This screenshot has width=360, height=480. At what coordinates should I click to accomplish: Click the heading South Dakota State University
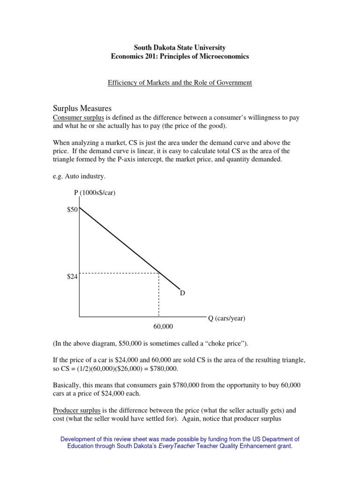(x=180, y=48)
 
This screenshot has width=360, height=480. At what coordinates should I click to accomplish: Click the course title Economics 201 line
(x=180, y=57)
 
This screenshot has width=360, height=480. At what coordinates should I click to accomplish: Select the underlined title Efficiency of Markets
(x=180, y=82)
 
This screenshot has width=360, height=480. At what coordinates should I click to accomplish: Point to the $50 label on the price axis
(x=72, y=210)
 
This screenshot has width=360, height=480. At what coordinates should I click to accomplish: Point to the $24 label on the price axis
(x=72, y=277)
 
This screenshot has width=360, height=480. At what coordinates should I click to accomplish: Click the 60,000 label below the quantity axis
(x=159, y=325)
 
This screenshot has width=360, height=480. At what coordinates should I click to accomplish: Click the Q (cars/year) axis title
(x=226, y=318)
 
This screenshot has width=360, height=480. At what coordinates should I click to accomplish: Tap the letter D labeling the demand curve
(x=182, y=293)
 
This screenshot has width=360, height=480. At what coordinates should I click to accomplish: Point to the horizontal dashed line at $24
(x=120, y=273)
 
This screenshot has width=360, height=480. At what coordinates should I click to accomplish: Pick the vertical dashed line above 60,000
(x=159, y=295)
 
